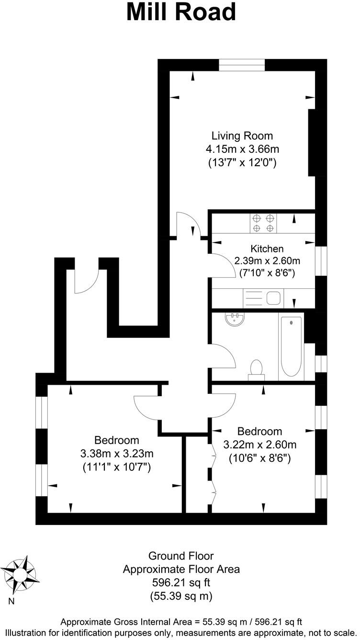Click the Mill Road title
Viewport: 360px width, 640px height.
[x=181, y=12]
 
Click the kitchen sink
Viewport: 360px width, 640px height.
[x=273, y=298]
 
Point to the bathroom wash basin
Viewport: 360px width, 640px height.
[x=235, y=320]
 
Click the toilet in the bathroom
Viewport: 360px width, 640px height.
[x=257, y=369]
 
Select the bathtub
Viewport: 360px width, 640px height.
[x=291, y=346]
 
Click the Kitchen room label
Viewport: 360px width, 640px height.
[x=267, y=249]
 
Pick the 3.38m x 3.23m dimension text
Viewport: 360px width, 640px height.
[x=117, y=454]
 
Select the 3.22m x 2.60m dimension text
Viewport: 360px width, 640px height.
[x=260, y=445]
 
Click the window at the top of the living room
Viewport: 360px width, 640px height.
[x=242, y=65]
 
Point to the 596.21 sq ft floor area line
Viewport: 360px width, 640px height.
[x=181, y=583]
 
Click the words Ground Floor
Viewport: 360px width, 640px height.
[x=181, y=556]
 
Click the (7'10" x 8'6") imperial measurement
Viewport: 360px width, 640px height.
[x=267, y=274]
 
